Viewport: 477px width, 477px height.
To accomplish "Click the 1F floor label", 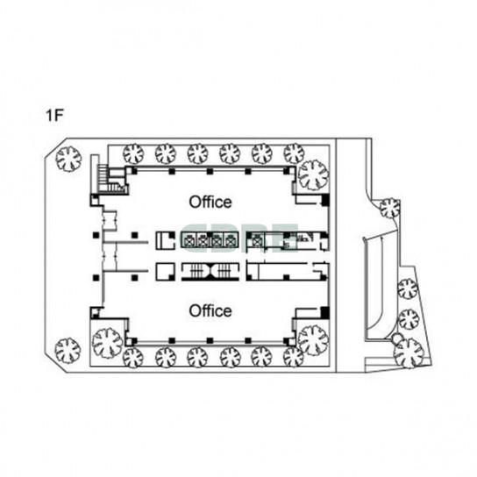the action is coord(54,116).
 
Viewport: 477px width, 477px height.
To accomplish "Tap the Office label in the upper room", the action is coord(210,202).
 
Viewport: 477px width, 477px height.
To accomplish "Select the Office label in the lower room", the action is coord(210,311).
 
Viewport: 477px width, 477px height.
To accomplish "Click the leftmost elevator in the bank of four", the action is coord(189,240).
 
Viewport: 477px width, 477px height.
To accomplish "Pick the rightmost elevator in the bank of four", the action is coord(230,240).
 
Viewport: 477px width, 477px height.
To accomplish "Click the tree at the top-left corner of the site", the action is coord(69,159).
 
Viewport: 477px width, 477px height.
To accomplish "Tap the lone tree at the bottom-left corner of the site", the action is coord(68,351).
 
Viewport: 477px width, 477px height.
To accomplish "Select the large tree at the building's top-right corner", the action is coord(313,174).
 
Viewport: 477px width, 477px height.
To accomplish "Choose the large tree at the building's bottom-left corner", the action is coord(107,343).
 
